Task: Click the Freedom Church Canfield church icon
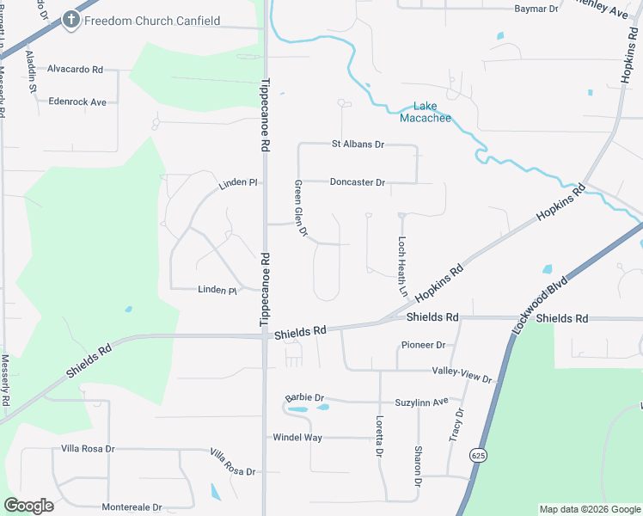point(71,21)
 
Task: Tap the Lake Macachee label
point(426,112)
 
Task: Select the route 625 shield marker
point(477,453)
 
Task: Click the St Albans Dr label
point(358,144)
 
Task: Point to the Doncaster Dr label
point(357,182)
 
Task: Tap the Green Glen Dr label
point(300,210)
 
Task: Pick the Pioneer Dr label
point(422,345)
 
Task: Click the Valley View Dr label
point(462,375)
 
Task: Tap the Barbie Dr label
point(304,398)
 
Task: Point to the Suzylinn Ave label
point(421,402)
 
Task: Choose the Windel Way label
point(297,438)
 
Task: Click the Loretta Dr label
point(379,438)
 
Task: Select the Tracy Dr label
point(456,425)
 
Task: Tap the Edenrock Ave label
point(77,101)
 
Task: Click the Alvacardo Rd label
point(75,69)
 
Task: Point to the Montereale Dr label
point(132,507)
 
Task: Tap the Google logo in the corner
point(29,506)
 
